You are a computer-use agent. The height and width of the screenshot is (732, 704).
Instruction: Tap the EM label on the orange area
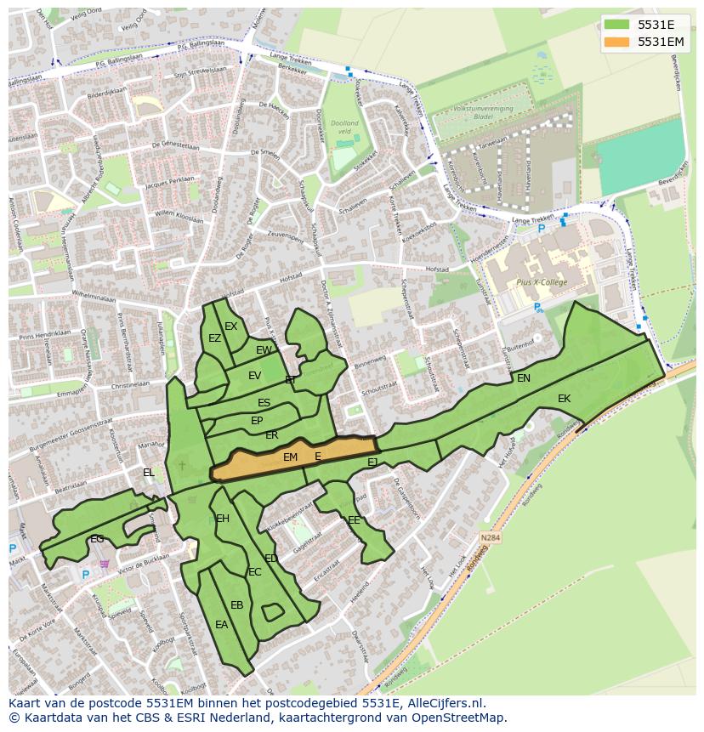point(290,457)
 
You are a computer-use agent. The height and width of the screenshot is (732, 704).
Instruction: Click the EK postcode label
point(564,398)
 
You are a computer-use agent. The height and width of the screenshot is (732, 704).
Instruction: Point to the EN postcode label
point(524,378)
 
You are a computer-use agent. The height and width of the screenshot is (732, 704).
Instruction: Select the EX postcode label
point(230,326)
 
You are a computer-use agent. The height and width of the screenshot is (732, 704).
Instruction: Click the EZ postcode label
point(214,338)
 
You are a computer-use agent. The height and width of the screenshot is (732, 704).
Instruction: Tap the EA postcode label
point(221,624)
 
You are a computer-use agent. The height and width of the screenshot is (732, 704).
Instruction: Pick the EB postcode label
point(237,605)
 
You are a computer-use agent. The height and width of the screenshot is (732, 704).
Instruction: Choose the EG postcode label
point(97,538)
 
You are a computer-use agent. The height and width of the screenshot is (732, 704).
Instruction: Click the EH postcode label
point(223,518)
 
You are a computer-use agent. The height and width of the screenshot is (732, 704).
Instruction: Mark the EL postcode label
point(149,473)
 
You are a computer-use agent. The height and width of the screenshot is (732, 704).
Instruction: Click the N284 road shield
point(490,538)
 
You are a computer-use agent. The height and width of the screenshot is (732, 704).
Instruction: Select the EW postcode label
point(264,350)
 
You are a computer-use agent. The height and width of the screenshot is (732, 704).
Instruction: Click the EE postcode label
point(354,519)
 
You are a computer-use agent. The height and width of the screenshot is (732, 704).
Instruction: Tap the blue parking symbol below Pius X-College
point(537,308)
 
